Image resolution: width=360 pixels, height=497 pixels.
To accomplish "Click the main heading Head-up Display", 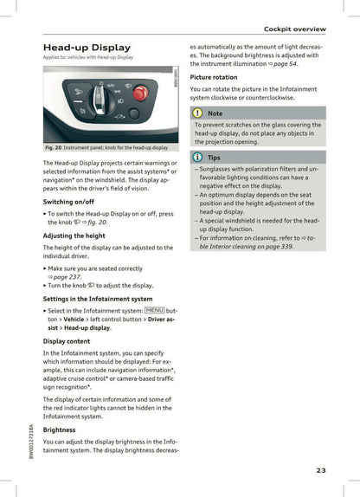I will pyautogui.click(x=87, y=47).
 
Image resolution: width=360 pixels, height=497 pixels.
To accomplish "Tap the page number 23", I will pyautogui.click(x=320, y=470).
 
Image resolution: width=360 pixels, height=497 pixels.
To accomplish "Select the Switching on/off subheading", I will pyautogui.click(x=69, y=201).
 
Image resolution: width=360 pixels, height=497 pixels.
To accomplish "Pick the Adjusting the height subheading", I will pyautogui.click(x=74, y=236).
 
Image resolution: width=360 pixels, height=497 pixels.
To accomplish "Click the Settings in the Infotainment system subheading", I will pyautogui.click(x=97, y=299).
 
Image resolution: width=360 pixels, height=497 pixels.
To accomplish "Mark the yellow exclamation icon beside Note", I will pyautogui.click(x=198, y=113).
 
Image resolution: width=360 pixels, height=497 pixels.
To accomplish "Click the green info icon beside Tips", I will pyautogui.click(x=198, y=157).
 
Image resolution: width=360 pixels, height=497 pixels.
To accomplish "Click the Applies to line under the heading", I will pyautogui.click(x=87, y=57).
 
